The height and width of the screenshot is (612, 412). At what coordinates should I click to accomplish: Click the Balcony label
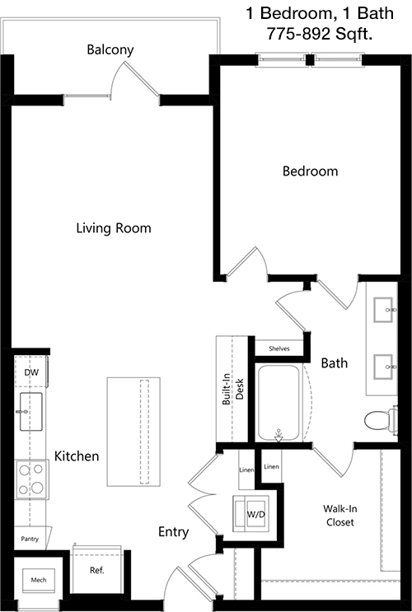[110, 50]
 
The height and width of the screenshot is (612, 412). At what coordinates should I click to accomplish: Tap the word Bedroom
[310, 171]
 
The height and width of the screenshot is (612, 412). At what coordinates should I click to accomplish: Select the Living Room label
[114, 228]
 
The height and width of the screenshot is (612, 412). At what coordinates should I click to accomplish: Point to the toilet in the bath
[382, 420]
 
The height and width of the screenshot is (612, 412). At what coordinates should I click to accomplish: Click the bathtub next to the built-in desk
[279, 403]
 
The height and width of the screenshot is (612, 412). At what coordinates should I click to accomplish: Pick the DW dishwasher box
[31, 371]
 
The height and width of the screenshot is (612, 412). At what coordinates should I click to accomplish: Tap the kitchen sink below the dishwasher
[30, 412]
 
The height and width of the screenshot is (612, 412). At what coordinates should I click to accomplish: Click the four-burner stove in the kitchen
[31, 479]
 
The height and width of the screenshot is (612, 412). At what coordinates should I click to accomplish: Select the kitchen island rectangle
[133, 432]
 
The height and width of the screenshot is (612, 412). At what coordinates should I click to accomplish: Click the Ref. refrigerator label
[97, 570]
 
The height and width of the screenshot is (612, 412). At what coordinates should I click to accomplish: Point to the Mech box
[38, 581]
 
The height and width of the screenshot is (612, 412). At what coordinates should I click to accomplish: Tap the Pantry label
[30, 539]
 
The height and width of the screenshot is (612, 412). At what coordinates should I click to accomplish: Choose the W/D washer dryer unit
[250, 514]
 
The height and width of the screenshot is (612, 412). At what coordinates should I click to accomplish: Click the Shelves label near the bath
[279, 348]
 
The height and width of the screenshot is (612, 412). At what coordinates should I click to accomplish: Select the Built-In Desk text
[233, 389]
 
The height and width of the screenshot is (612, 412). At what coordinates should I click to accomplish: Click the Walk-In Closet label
[339, 516]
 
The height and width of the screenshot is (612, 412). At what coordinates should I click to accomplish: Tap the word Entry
[173, 532]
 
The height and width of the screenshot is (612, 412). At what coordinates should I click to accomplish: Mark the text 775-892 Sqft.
[320, 34]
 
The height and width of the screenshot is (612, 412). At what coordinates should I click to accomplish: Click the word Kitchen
[77, 455]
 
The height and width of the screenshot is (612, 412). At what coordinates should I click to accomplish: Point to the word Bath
[335, 363]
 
